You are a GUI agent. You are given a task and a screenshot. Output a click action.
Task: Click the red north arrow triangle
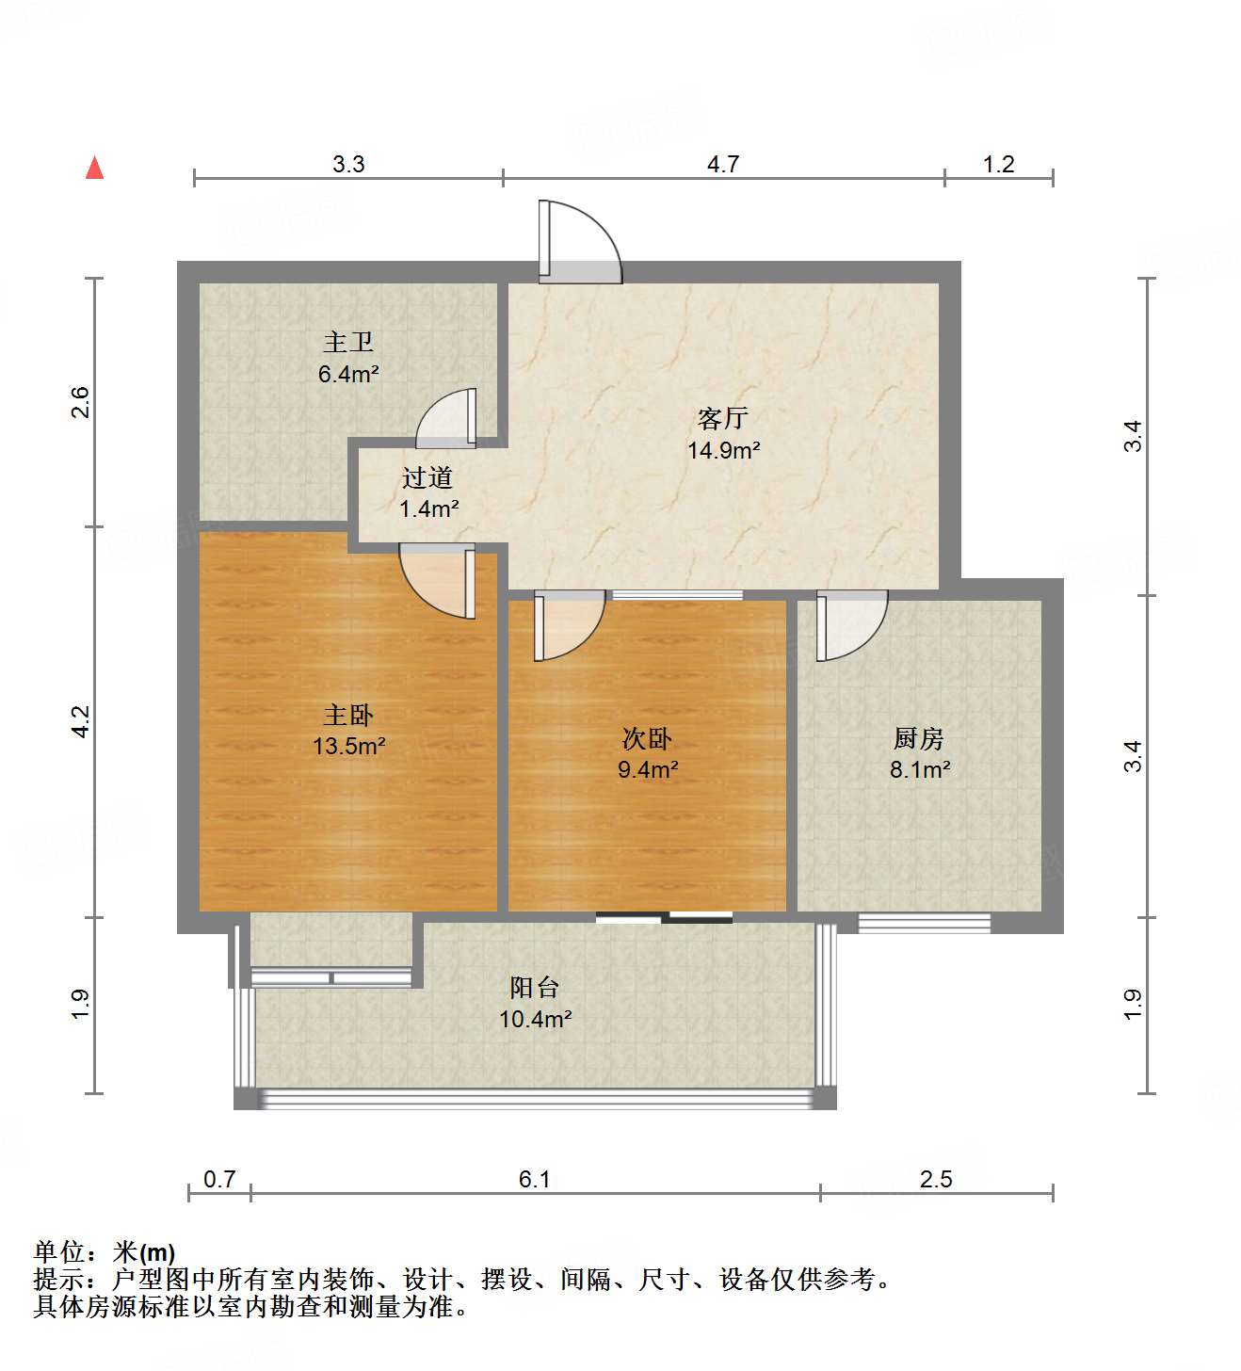click(x=94, y=168)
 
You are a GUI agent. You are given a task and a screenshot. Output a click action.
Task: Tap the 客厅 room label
click(x=722, y=417)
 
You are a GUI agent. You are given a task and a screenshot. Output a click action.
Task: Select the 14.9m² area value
click(x=723, y=450)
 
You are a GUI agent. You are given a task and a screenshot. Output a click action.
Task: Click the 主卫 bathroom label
click(x=348, y=342)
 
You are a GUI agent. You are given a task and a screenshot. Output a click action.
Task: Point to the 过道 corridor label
click(x=427, y=477)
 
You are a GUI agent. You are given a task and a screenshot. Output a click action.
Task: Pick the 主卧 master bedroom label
click(x=348, y=715)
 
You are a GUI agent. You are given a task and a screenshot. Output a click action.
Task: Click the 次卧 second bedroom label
click(x=647, y=738)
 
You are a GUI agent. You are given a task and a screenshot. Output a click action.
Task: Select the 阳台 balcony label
click(x=535, y=987)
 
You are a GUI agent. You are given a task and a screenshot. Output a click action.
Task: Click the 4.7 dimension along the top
click(x=723, y=164)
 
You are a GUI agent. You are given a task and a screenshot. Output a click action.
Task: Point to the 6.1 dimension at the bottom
click(x=535, y=1179)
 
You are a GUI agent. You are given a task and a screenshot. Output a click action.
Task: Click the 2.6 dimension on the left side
click(x=81, y=402)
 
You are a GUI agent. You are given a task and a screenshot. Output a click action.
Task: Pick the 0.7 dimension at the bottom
click(x=219, y=1179)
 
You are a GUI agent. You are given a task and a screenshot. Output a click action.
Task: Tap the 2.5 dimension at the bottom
click(x=936, y=1179)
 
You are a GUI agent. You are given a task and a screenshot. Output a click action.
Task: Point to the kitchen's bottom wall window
click(x=924, y=923)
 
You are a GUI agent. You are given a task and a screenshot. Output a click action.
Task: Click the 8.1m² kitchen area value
click(x=920, y=769)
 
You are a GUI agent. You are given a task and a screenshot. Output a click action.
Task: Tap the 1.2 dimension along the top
click(x=998, y=164)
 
